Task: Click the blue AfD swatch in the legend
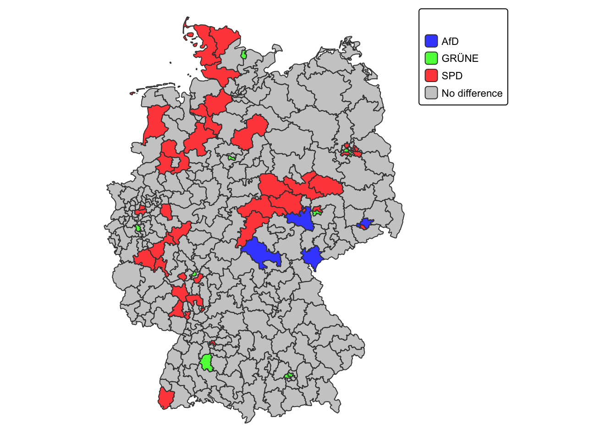click(431, 41)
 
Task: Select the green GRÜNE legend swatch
click(431, 58)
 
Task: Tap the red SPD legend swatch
click(431, 76)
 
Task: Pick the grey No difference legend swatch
click(431, 93)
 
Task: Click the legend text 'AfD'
click(450, 41)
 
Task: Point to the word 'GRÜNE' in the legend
click(460, 58)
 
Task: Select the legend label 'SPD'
click(452, 76)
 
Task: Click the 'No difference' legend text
click(472, 93)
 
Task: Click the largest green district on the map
click(207, 363)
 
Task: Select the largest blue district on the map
click(259, 253)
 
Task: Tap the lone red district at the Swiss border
click(165, 398)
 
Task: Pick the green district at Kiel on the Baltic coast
click(244, 55)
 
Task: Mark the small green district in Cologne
click(138, 228)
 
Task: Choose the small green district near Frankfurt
click(195, 274)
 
